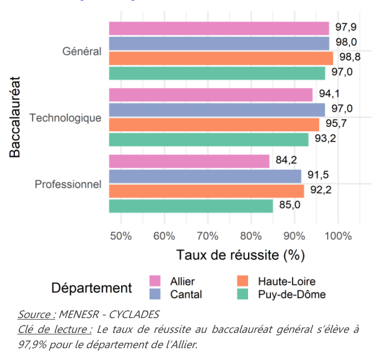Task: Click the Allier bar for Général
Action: tap(219, 29)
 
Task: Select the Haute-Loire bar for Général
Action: tap(221, 58)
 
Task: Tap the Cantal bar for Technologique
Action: tap(217, 110)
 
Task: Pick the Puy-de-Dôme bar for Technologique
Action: tap(209, 139)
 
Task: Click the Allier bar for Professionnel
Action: tap(189, 161)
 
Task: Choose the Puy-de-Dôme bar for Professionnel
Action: tap(191, 206)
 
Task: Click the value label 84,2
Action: tap(286, 160)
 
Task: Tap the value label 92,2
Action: tap(321, 190)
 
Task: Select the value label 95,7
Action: tap(336, 123)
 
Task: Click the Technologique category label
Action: tap(65, 118)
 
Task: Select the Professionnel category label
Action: tap(68, 185)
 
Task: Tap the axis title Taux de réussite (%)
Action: tap(240, 255)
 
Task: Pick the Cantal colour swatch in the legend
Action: tap(156, 294)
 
